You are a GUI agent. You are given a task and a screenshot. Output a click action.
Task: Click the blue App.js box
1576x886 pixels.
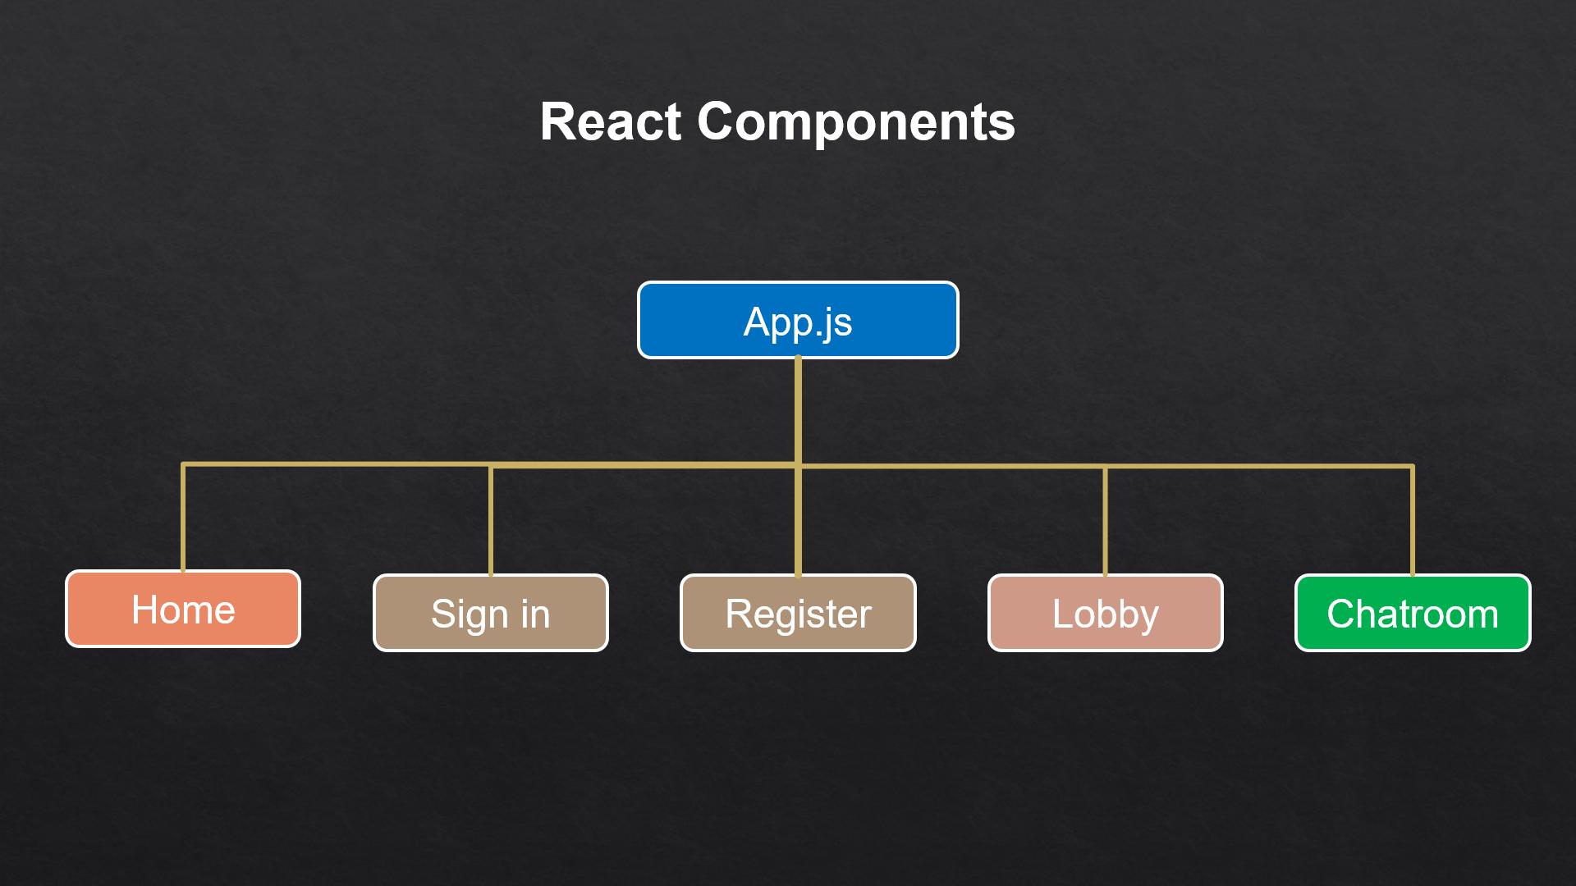[798, 320]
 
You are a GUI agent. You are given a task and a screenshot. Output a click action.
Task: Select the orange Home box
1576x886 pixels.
[183, 609]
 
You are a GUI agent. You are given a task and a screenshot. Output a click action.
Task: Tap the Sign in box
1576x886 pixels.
[491, 613]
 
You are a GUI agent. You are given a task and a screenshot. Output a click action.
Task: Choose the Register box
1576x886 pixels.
[798, 613]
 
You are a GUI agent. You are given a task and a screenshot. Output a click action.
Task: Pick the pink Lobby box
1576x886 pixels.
[1106, 613]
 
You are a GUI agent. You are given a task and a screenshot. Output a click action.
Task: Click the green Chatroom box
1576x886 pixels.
[1413, 613]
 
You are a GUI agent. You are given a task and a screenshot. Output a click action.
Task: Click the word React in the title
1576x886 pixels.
[611, 122]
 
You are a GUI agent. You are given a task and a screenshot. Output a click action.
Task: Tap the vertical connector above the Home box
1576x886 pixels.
[183, 518]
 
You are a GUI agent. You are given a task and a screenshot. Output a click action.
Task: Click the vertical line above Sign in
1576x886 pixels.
[491, 521]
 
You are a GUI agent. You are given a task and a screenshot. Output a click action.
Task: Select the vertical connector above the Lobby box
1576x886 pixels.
[1106, 521]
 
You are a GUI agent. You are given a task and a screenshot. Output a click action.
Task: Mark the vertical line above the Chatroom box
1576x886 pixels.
[1413, 521]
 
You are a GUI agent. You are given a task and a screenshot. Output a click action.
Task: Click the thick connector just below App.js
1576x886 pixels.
[798, 411]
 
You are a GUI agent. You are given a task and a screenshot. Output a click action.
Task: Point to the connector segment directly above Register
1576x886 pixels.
[798, 521]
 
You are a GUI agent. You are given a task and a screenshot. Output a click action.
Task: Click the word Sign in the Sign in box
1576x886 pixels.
[470, 615]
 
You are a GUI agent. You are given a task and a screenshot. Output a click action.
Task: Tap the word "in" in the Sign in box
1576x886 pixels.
[535, 614]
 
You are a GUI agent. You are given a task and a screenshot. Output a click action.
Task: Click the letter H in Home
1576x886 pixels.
[145, 610]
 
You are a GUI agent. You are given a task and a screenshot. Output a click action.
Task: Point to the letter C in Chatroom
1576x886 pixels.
[1341, 614]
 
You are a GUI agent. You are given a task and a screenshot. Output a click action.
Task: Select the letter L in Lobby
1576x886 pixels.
[1063, 614]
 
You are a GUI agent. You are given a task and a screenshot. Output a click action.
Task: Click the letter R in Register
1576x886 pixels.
[739, 614]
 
